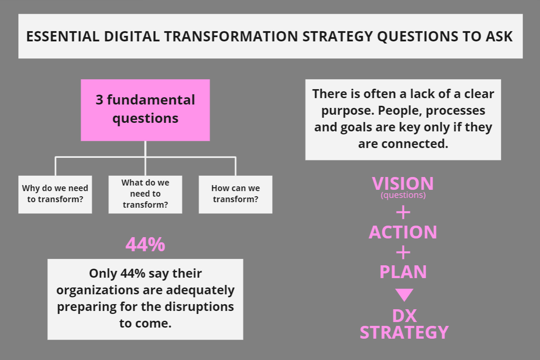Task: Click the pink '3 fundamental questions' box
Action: [x=145, y=110]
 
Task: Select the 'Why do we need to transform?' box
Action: [x=55, y=195]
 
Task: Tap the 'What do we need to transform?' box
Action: [x=145, y=195]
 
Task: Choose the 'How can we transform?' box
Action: [x=235, y=195]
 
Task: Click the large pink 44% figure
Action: [x=145, y=244]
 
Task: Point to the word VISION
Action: [x=403, y=183]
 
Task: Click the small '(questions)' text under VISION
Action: [x=403, y=195]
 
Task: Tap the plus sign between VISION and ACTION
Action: [x=403, y=212]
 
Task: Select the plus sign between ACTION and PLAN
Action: [x=403, y=253]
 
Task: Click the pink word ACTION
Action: [x=403, y=232]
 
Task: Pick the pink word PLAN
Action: [x=403, y=272]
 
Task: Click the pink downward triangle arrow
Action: [x=404, y=295]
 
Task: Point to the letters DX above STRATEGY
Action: [x=404, y=316]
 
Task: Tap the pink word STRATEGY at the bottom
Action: [x=404, y=332]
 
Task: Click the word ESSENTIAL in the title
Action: [x=63, y=36]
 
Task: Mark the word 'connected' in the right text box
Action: [x=415, y=144]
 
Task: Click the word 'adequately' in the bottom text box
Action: [x=200, y=290]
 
